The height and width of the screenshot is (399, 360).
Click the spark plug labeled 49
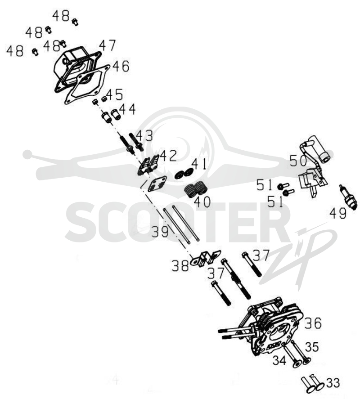click(347, 197)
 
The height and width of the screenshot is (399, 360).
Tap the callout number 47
click(107, 45)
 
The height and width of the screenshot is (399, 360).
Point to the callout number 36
click(313, 323)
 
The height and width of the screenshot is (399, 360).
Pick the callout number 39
click(160, 232)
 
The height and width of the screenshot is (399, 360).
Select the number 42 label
click(168, 156)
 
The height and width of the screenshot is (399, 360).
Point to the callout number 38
click(180, 266)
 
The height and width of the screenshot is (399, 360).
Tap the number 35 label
click(312, 347)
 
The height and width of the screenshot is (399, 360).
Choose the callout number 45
click(115, 94)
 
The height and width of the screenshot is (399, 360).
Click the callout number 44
click(127, 109)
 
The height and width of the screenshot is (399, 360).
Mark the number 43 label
click(144, 136)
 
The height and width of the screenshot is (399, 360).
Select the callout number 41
click(199, 164)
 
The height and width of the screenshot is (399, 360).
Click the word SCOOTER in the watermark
click(175, 222)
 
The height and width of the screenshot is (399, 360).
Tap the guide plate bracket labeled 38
click(205, 258)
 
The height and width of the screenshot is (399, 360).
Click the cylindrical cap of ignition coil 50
click(320, 150)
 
